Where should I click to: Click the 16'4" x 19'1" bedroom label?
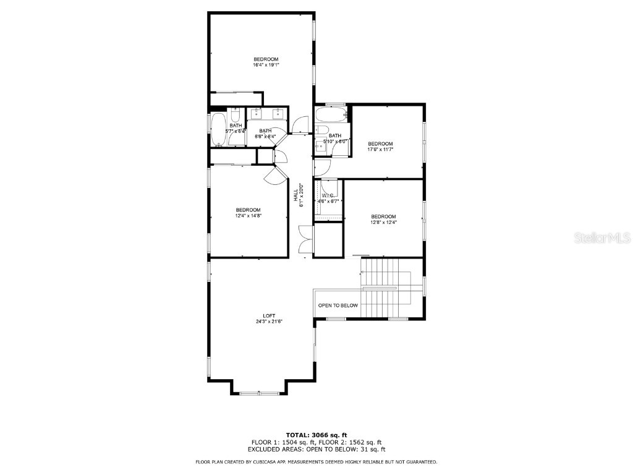266,62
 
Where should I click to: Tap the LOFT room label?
269,318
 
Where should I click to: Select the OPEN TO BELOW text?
338,306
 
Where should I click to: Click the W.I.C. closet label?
328,198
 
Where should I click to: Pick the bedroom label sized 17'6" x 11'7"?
380,147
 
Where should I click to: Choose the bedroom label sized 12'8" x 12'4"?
383,219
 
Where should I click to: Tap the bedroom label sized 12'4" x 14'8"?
248,212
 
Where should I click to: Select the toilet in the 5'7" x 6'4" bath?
236,116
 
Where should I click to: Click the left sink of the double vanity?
256,113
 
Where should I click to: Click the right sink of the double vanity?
278,113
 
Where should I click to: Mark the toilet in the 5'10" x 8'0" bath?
321,130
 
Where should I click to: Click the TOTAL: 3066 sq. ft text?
316,435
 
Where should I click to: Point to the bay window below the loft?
259,393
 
